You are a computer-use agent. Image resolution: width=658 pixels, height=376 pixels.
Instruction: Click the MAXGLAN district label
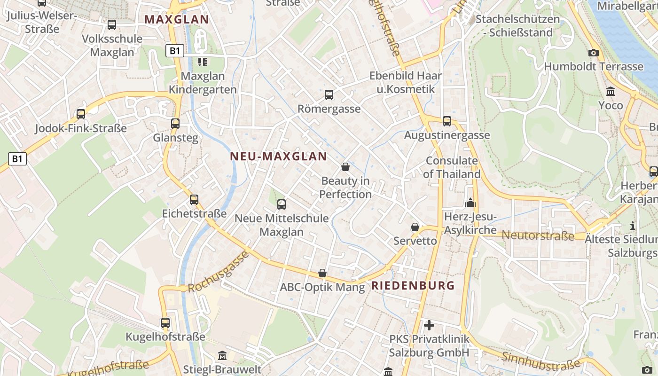click(176, 20)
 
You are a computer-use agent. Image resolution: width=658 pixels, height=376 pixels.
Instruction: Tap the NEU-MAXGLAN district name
click(278, 157)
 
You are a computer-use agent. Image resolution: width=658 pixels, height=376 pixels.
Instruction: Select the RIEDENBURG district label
click(413, 285)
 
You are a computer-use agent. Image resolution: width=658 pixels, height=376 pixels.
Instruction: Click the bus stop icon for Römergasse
click(329, 95)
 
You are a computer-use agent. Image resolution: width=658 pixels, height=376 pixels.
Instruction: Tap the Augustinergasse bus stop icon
click(446, 121)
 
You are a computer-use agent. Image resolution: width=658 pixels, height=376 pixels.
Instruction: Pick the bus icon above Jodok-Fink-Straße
click(81, 114)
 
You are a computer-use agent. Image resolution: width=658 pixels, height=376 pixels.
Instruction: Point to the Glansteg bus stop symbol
click(175, 124)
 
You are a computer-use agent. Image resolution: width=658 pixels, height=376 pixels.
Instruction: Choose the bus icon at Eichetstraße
click(194, 200)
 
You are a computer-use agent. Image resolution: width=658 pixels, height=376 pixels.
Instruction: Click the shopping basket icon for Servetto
click(415, 227)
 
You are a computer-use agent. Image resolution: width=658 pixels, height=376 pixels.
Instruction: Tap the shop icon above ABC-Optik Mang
click(322, 273)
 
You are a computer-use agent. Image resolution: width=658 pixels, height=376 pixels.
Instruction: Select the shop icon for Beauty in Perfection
click(345, 167)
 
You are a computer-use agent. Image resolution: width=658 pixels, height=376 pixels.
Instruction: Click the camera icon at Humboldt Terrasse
click(594, 53)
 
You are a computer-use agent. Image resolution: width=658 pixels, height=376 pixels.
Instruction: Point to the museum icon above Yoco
click(611, 91)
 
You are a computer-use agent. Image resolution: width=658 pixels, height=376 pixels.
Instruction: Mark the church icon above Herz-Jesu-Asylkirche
click(470, 203)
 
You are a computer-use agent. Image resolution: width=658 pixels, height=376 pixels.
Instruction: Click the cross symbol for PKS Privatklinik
click(429, 325)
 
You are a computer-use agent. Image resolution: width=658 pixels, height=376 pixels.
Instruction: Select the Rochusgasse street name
click(218, 273)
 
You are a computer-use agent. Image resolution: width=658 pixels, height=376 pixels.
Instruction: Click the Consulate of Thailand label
click(452, 167)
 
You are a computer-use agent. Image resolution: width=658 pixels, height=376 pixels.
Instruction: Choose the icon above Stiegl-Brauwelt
click(222, 356)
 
